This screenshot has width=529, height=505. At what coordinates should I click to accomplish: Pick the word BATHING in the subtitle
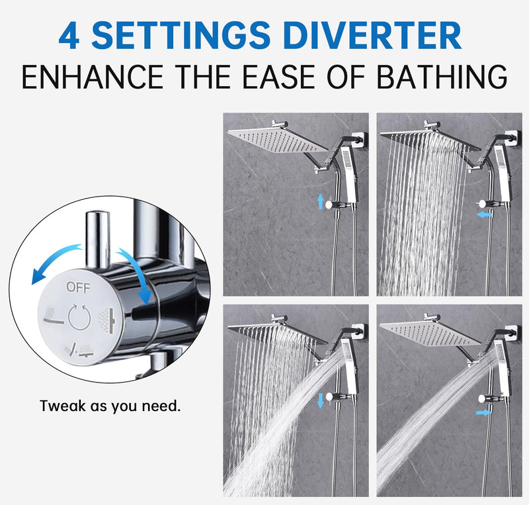pyautogui.click(x=442, y=77)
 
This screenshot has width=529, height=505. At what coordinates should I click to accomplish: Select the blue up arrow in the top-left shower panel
pyautogui.click(x=321, y=201)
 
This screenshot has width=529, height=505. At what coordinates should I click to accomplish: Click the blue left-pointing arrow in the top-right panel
pyautogui.click(x=484, y=214)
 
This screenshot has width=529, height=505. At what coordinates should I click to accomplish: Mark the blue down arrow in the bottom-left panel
pyautogui.click(x=321, y=399)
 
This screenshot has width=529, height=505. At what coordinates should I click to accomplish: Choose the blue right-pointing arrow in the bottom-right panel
pyautogui.click(x=484, y=412)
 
